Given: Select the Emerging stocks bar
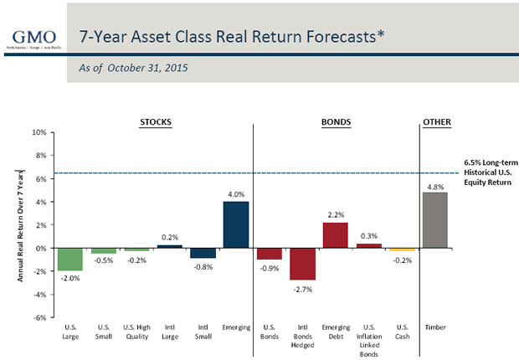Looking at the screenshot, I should [x=236, y=224].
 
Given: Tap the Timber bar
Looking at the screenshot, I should [x=436, y=220].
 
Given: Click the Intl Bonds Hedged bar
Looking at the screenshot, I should [x=302, y=264].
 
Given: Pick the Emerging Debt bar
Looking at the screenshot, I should [x=335, y=235].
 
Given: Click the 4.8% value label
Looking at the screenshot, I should [x=436, y=187].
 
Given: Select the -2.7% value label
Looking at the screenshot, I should [x=302, y=288].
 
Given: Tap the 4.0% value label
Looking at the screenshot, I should [x=236, y=195].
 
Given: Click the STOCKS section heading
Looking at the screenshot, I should [x=154, y=122].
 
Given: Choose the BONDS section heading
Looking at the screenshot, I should [x=336, y=122].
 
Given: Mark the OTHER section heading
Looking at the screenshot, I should [x=436, y=122].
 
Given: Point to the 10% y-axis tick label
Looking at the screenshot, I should [x=39, y=132].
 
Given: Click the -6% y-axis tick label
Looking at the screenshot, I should [x=39, y=317].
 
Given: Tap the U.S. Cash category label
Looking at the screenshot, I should [x=403, y=332].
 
